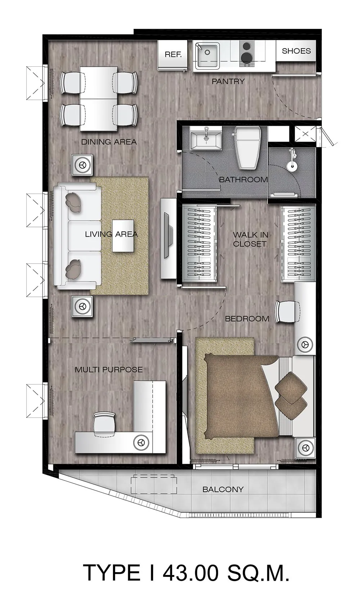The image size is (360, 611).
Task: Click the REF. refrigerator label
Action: (x=173, y=54)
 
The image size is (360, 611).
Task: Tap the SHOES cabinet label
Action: (x=296, y=51)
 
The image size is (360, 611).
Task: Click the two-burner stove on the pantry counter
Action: (x=247, y=54)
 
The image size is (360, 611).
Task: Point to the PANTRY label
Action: (x=228, y=81)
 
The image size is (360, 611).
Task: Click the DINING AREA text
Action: (x=109, y=142)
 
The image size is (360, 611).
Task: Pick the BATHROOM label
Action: (x=243, y=179)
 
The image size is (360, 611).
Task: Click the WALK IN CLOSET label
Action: (x=250, y=239)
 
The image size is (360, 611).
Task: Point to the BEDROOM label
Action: (x=247, y=318)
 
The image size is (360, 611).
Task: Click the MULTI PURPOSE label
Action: (x=109, y=370)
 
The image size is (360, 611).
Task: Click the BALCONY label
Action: (x=223, y=489)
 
